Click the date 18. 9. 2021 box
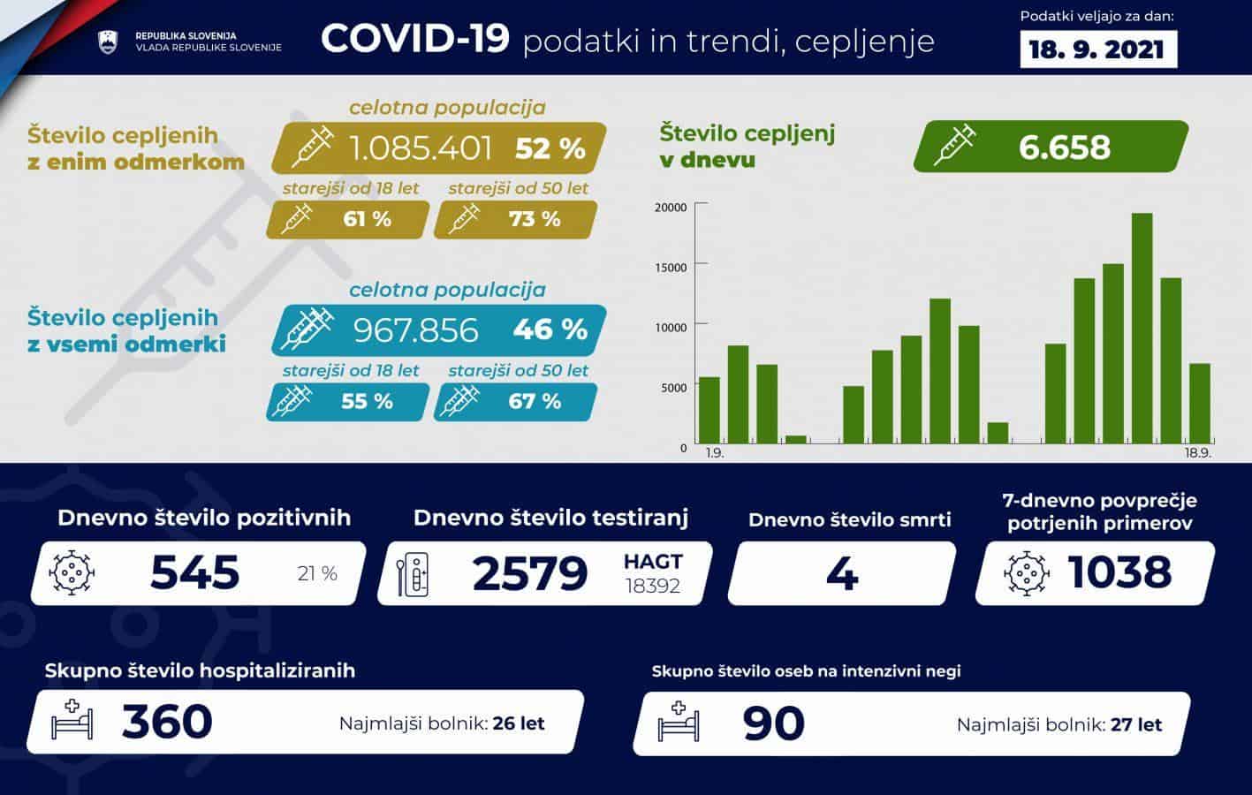(x=1098, y=49)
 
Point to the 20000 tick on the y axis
(x=670, y=208)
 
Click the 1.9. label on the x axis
(x=715, y=453)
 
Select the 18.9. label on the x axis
(x=1197, y=453)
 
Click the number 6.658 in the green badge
(x=1064, y=148)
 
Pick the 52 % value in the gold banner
(x=550, y=148)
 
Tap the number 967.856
(x=415, y=329)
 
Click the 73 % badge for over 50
(x=534, y=219)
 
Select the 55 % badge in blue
(x=366, y=401)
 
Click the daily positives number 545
(x=195, y=572)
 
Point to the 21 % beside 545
(x=317, y=574)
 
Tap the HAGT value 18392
(x=652, y=586)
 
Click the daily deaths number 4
(x=841, y=572)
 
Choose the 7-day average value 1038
(x=1119, y=572)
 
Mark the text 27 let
(x=1136, y=725)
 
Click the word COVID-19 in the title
(x=414, y=39)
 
